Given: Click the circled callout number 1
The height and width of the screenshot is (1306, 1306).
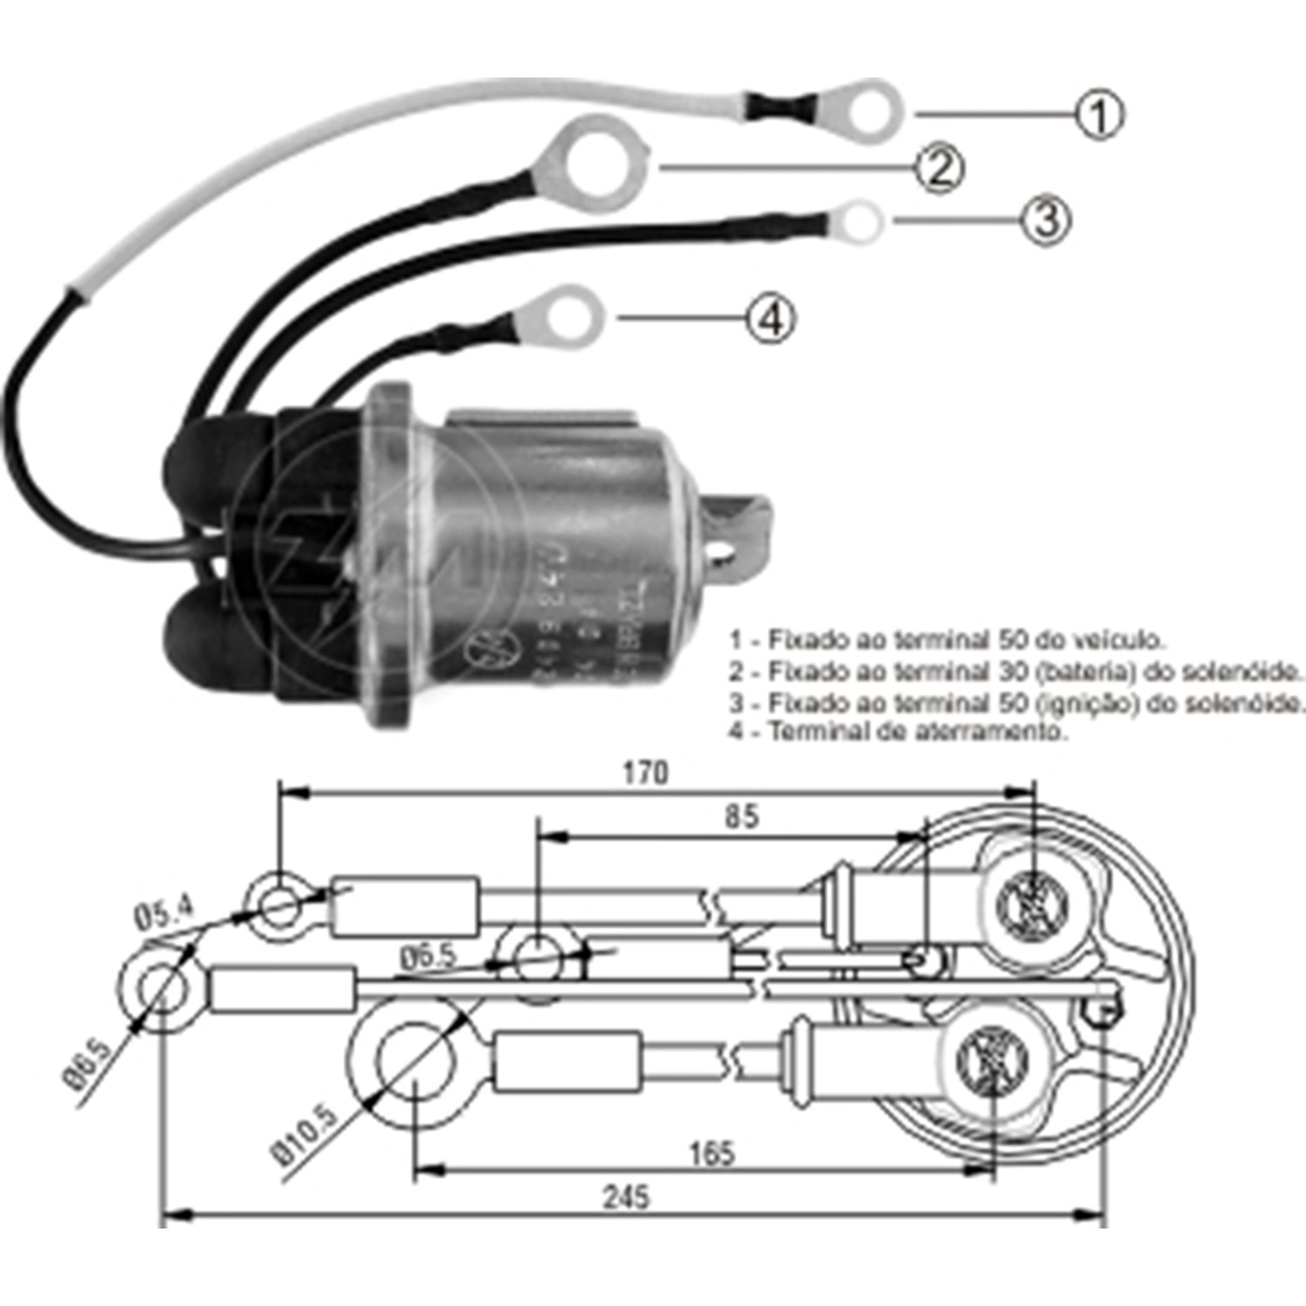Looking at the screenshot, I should [1099, 115].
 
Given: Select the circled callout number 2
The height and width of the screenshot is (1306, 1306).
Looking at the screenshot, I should [939, 168].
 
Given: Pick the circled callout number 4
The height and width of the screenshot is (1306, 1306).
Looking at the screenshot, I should [771, 318].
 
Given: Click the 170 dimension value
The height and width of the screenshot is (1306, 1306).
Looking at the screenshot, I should [644, 772].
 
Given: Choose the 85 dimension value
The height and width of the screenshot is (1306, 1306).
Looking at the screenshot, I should [741, 817].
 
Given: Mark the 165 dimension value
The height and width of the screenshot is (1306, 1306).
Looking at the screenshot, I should [711, 1154].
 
